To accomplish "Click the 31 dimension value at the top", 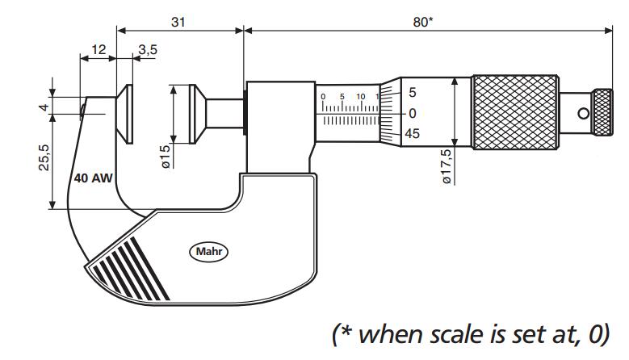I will coord(178,23).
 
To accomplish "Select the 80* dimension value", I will coord(423,23).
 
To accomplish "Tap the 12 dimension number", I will coord(98,50).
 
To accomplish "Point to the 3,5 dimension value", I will coord(148,50).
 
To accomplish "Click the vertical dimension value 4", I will coord(46,107).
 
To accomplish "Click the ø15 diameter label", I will coord(166,157).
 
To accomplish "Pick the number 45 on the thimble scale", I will coord(412,134).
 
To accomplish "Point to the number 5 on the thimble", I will coord(412,92).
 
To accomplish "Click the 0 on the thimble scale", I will coord(412,113).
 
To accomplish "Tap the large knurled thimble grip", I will coord(514,113).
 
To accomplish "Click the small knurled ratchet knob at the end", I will coord(602,114).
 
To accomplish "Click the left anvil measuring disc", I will coord(127,115).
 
